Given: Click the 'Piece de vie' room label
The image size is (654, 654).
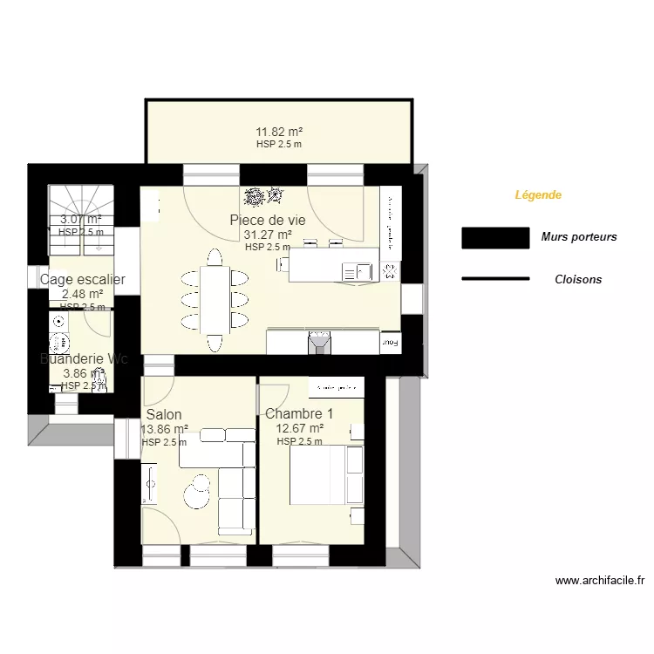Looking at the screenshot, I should click(x=268, y=220).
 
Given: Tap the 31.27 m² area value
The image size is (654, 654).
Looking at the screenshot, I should click(x=268, y=235).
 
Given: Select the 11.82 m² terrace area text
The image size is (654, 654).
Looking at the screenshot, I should click(x=278, y=133).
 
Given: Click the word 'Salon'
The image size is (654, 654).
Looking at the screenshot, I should click(x=164, y=414).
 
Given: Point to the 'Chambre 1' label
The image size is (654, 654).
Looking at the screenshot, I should click(x=298, y=413).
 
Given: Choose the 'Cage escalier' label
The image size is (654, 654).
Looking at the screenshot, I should click(x=83, y=280).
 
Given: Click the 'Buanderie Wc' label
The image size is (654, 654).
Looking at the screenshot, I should click(x=84, y=358).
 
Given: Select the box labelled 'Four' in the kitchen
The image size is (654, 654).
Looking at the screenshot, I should click(x=391, y=344).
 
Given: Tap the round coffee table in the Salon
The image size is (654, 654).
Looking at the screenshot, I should click(x=198, y=489).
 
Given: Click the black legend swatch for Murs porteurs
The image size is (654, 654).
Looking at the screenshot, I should click(x=495, y=237).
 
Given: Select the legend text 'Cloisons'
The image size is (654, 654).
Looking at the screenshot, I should click(x=578, y=280).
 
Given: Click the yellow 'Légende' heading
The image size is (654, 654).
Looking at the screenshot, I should click(x=538, y=195).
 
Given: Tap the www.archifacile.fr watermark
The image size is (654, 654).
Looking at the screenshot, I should click(x=599, y=580).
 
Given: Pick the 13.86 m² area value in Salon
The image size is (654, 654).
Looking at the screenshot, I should click(x=164, y=429).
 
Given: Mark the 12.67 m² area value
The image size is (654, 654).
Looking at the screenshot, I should click(x=299, y=428).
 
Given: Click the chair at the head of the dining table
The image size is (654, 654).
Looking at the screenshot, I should click(x=215, y=255).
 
